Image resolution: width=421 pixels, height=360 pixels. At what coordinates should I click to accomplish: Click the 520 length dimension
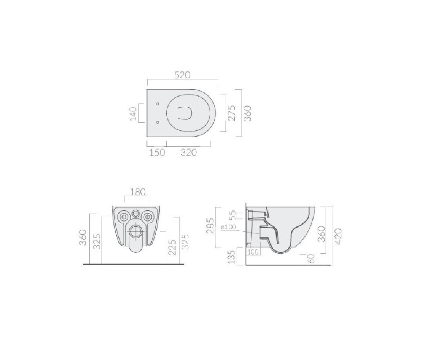click(x=182, y=75)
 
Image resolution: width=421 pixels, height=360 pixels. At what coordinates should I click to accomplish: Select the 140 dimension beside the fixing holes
click(x=133, y=114)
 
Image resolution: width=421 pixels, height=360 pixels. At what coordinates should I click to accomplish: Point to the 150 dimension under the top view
click(x=157, y=153)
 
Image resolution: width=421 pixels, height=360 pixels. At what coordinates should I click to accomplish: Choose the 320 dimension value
click(x=188, y=153)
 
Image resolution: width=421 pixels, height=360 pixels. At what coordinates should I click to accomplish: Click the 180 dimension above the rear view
click(x=138, y=192)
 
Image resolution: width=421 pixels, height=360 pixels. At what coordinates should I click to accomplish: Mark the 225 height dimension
click(x=172, y=247)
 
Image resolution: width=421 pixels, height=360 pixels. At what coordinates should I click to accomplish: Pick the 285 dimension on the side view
click(x=210, y=226)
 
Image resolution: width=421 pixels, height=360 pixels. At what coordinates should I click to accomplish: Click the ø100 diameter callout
click(x=228, y=227)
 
